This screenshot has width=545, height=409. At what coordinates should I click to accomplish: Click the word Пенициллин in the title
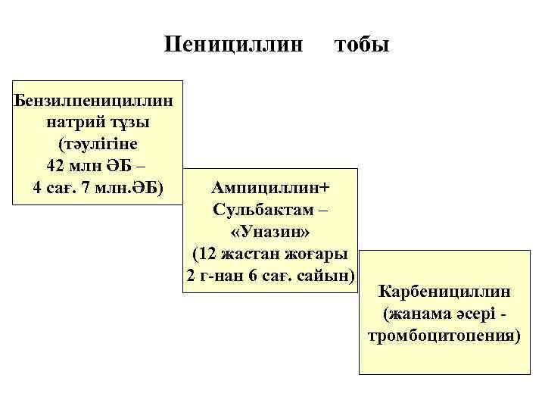235,45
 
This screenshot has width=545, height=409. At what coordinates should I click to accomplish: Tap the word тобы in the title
362,45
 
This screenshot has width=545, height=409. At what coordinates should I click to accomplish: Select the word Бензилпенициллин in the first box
95,98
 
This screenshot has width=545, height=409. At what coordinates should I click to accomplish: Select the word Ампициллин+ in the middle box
272,186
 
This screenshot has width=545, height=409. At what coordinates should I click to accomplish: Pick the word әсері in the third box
474,314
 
